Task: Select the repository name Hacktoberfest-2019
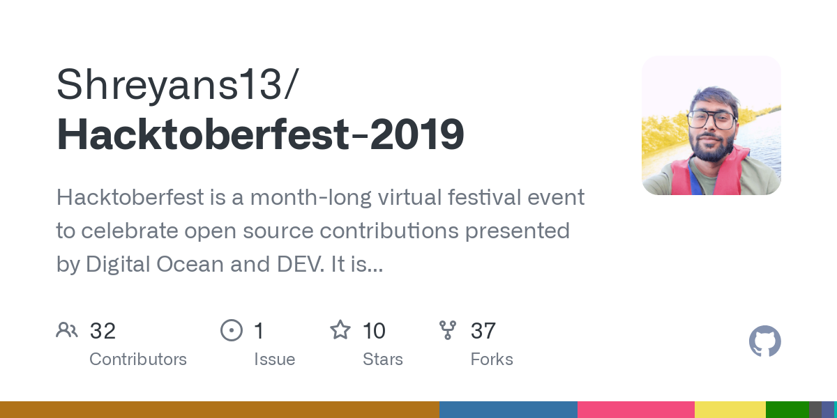[x=260, y=134]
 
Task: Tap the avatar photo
[x=711, y=125]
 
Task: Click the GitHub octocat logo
[x=764, y=341]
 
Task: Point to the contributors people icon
[x=67, y=330]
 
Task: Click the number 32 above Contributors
[x=103, y=331]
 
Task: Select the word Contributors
[x=138, y=359]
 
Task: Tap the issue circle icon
[x=231, y=330]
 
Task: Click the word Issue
[x=274, y=359]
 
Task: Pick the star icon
[x=340, y=330]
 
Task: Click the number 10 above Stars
[x=374, y=331]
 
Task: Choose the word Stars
[x=382, y=359]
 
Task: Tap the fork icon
[x=448, y=330]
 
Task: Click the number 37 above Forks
[x=483, y=331]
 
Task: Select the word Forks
[x=492, y=359]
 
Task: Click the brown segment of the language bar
[x=220, y=410]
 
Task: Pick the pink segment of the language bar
[x=635, y=410]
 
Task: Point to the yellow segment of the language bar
[x=730, y=410]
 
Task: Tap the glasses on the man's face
[x=711, y=119]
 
